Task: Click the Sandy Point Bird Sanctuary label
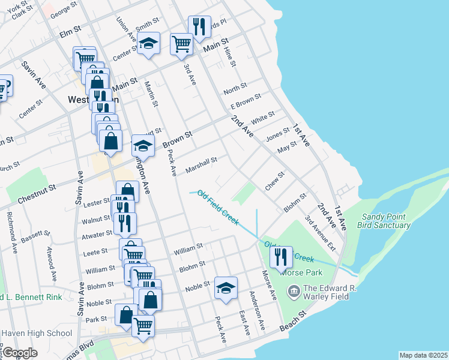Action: point(386,221)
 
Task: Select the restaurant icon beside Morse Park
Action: point(281,257)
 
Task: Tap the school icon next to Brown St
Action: point(143,145)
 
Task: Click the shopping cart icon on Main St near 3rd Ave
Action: point(181,43)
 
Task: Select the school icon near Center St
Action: point(148,43)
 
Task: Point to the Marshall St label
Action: point(200,162)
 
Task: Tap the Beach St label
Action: point(294,320)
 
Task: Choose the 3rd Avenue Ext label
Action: point(319,235)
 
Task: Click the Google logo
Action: point(20,353)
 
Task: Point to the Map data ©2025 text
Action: point(423,355)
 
